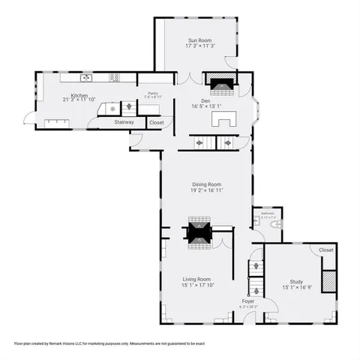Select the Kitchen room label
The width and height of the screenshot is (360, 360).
point(79,95)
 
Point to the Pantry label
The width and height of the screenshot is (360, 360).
point(152,93)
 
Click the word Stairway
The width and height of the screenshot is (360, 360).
point(124,121)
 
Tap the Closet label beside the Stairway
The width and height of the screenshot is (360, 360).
point(156,121)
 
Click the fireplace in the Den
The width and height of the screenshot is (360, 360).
point(222,85)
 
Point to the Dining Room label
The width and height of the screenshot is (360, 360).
point(206,184)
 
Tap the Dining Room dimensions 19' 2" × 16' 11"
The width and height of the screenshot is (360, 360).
point(206,190)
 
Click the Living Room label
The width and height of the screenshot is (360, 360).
point(196,278)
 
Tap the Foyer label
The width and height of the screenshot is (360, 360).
point(247,301)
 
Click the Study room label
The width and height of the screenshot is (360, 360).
point(296,281)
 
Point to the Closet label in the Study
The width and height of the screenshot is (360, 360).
point(325,250)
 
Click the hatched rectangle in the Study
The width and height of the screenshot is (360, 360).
point(327,280)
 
